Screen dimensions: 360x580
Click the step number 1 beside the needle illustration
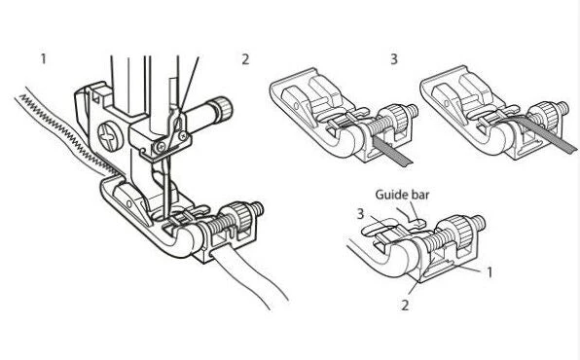tap(44, 59)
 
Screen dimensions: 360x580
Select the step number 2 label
tap(245, 59)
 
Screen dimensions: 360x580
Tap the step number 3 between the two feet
tap(394, 59)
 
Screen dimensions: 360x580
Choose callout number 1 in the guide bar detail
tap(490, 271)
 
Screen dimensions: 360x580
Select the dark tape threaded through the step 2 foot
tap(382, 149)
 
